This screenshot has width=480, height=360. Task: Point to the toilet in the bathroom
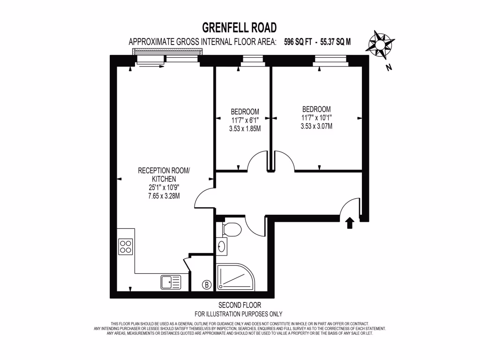[231, 229]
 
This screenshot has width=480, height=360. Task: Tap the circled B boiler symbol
[206, 284]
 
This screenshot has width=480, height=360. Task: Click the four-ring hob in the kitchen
[125, 246]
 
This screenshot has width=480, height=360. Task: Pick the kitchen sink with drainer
[171, 282]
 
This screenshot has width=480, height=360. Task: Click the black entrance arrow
[349, 223]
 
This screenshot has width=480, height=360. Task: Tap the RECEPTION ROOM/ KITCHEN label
[164, 174]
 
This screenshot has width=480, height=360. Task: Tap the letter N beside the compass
[388, 67]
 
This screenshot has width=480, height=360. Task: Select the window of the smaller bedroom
[253, 60]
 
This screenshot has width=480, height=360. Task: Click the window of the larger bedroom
[330, 60]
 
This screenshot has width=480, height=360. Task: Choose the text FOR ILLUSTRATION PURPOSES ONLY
[239, 314]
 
